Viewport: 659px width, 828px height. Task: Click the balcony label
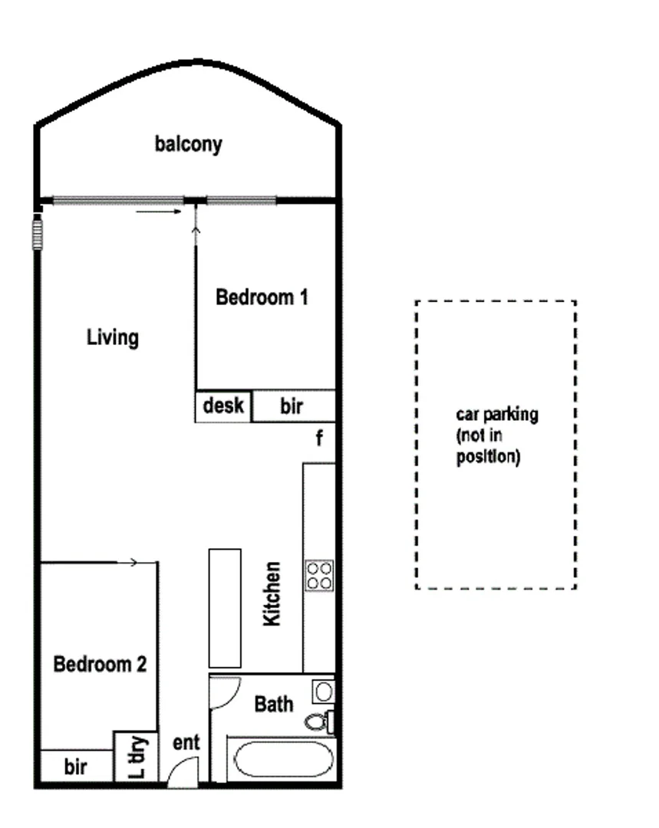[x=188, y=144]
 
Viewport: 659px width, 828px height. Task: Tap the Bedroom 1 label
[x=262, y=297]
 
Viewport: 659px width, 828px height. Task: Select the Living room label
[x=113, y=337]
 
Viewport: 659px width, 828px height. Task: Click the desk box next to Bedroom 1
[x=223, y=406]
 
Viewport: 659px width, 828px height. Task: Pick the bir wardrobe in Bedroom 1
[x=292, y=406]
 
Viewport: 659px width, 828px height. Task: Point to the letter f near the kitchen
[x=319, y=439]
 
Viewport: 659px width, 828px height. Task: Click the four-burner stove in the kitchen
[x=319, y=575]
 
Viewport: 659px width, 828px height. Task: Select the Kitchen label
[x=272, y=594]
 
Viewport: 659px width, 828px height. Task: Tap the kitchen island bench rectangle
[x=225, y=608]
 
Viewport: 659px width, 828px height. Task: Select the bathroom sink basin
[x=323, y=692]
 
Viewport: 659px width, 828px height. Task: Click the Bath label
[x=274, y=703]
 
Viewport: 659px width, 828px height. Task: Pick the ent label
[x=186, y=742]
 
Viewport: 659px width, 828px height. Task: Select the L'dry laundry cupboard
[x=136, y=756]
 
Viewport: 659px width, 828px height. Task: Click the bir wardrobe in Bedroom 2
[x=76, y=767]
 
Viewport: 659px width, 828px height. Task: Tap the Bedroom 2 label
[x=100, y=664]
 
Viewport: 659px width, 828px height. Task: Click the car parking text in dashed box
[x=496, y=436]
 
